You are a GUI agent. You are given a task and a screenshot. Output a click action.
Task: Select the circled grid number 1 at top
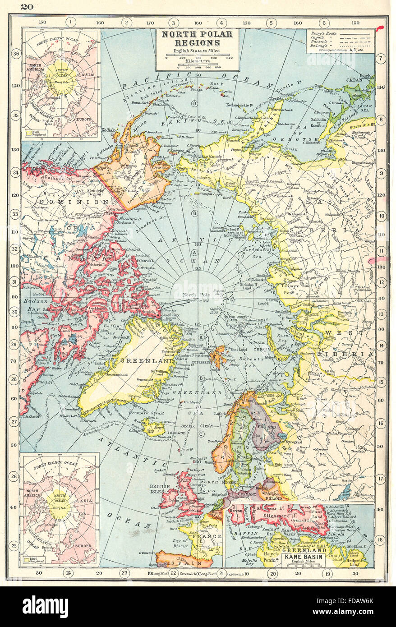pos(70,22)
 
